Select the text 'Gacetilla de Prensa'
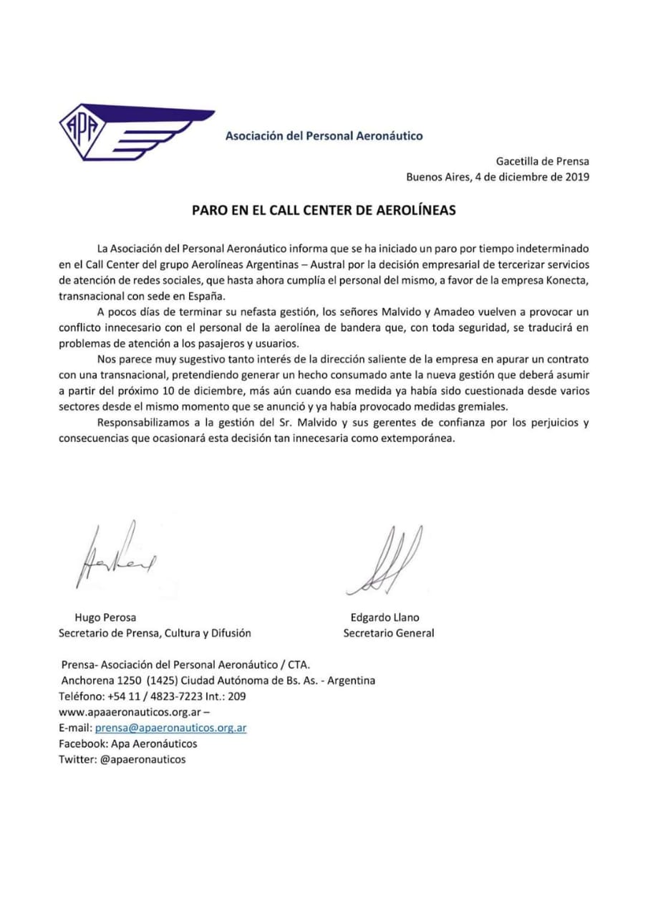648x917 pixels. coord(542,162)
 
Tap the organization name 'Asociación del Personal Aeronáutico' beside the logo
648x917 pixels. coord(324,135)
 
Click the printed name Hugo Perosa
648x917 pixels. coord(105,617)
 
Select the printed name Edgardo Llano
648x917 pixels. coord(385,617)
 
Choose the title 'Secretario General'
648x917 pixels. coord(389,633)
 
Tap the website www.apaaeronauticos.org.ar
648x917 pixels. coord(130,711)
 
